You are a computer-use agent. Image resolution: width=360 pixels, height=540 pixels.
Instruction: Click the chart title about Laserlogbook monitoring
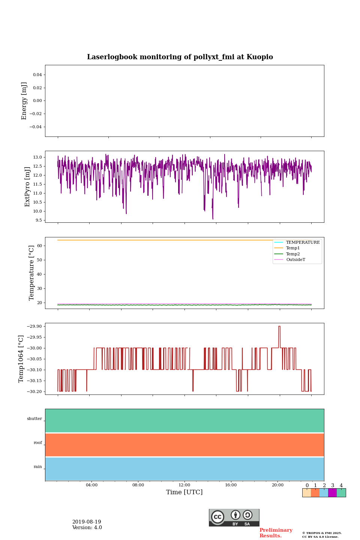[180, 57]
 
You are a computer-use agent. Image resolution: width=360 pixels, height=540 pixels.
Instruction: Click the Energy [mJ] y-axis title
[24, 101]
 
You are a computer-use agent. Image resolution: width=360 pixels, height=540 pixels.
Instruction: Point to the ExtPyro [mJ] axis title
[27, 187]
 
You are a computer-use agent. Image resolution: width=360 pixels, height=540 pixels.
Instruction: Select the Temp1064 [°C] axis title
[21, 359]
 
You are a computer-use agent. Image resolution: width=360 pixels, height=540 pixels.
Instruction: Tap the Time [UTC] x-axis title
[184, 492]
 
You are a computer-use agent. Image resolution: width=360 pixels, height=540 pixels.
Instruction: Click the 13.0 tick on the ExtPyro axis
[38, 157]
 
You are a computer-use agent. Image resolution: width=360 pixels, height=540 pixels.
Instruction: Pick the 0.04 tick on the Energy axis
[37, 75]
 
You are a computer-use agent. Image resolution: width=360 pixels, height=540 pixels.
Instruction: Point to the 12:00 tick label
[184, 485]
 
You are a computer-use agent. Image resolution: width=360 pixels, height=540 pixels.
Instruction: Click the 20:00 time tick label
[277, 485]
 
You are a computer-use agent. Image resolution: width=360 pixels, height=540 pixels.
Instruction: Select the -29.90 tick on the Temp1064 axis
[34, 326]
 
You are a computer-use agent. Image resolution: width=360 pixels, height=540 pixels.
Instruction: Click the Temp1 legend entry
[292, 248]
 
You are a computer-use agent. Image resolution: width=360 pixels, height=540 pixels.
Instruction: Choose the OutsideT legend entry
[295, 260]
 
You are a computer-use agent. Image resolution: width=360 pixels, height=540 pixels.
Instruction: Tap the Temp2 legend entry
[292, 254]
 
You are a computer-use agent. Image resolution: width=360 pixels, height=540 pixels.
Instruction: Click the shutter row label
[34, 419]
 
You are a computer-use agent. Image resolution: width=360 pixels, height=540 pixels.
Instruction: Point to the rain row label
[38, 467]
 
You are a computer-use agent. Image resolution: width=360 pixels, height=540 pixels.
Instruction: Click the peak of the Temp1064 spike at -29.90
[279, 327]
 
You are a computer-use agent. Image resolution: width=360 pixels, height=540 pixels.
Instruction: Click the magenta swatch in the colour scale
[332, 493]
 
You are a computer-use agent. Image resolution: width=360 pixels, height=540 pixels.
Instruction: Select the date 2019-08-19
[87, 522]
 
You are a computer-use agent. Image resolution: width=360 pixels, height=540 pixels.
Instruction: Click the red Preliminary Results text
[276, 533]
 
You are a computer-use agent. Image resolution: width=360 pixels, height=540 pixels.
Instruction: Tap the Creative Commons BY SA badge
[234, 517]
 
